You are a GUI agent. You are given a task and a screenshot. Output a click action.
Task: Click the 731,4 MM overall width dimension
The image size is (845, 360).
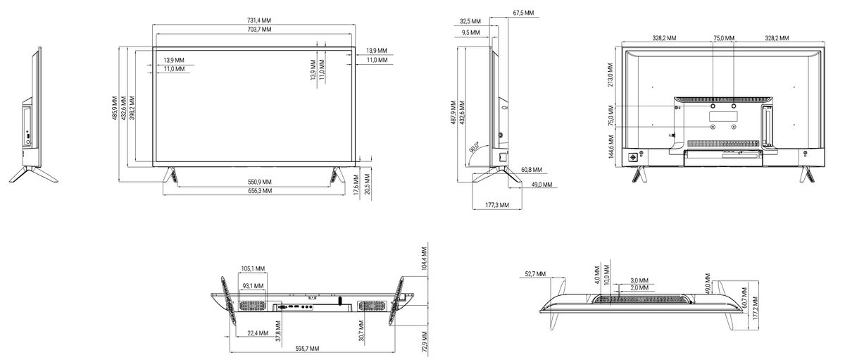(259, 20)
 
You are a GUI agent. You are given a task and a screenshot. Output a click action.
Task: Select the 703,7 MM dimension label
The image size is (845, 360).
(259, 30)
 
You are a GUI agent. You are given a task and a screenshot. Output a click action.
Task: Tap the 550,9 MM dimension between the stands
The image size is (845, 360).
(260, 182)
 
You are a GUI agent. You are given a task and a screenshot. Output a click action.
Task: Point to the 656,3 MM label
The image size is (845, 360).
(260, 191)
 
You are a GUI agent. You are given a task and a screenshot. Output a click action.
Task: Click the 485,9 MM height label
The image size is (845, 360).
(115, 108)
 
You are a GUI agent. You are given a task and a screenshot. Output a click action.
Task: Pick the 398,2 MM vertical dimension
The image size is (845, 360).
(132, 108)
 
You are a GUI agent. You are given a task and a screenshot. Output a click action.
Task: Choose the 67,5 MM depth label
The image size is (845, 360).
(523, 13)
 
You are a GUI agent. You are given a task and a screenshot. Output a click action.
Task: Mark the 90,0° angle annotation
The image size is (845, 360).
(474, 147)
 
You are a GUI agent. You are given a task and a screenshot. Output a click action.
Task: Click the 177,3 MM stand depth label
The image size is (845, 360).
(497, 205)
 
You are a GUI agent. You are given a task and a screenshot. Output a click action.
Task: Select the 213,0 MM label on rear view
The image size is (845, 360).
(611, 75)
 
